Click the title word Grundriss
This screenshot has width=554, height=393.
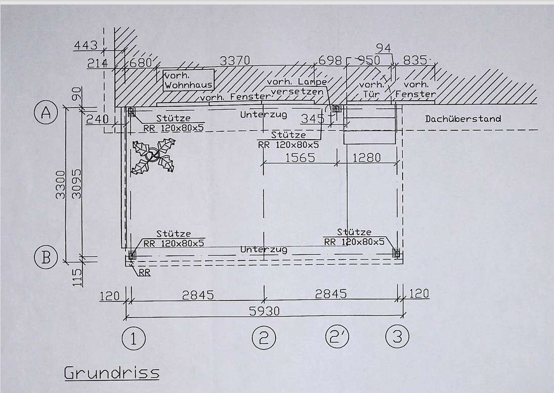pyautogui.click(x=112, y=373)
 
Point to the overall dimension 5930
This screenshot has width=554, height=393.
pyautogui.click(x=264, y=311)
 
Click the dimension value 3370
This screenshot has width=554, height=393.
pyautogui.click(x=235, y=61)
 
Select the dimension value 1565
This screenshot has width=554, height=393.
pyautogui.click(x=300, y=157)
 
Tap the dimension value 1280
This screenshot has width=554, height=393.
pyautogui.click(x=367, y=157)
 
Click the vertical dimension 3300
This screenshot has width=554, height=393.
pyautogui.click(x=61, y=184)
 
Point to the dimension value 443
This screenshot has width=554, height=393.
pyautogui.click(x=86, y=45)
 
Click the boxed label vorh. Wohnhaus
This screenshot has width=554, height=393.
pyautogui.click(x=189, y=80)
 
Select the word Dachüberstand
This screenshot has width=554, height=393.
pyautogui.click(x=463, y=119)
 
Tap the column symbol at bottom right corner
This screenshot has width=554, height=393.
pyautogui.click(x=396, y=253)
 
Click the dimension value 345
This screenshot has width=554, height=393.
pyautogui.click(x=312, y=119)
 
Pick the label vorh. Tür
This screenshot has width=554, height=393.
pyautogui.click(x=371, y=90)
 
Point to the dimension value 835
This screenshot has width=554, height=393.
pyautogui.click(x=415, y=60)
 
